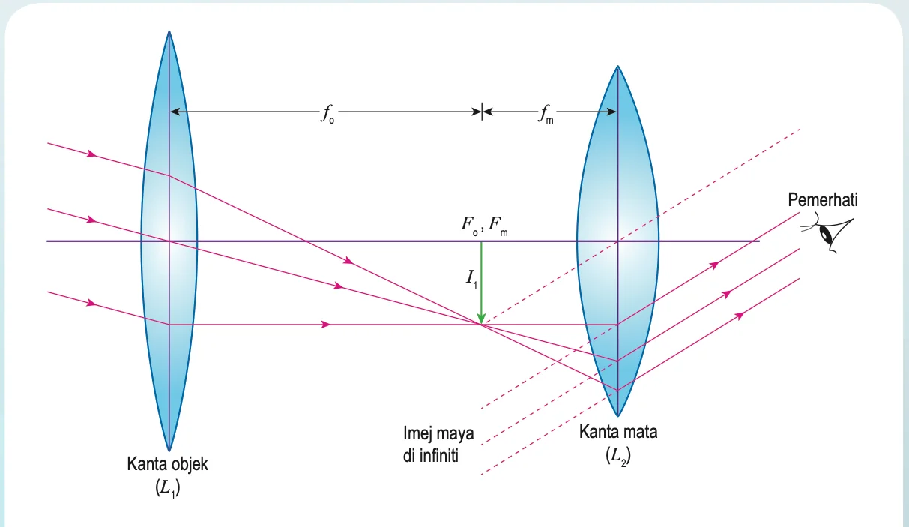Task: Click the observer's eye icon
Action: pos(828,232)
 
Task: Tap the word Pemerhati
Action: pos(823,200)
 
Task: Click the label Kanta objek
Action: pos(167,464)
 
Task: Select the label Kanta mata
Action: pos(618,432)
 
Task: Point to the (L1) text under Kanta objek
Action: pos(168,487)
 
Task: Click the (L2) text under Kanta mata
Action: pos(618,456)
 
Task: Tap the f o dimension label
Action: pos(327,114)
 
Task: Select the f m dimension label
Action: pos(546,114)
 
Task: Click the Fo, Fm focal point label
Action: pos(483,226)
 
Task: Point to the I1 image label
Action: pos(471,280)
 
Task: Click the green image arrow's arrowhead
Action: pos(481,319)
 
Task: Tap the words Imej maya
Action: pos(438,433)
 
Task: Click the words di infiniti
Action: pos(431,456)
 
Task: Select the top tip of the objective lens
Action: pos(169,31)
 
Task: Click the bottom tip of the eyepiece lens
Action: pos(617,416)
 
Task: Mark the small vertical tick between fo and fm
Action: pos(482,112)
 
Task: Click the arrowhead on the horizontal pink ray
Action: pos(326,325)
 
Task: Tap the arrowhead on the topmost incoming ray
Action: pos(92,154)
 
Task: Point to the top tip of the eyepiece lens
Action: pos(617,66)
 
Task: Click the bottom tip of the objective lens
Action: pos(169,451)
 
